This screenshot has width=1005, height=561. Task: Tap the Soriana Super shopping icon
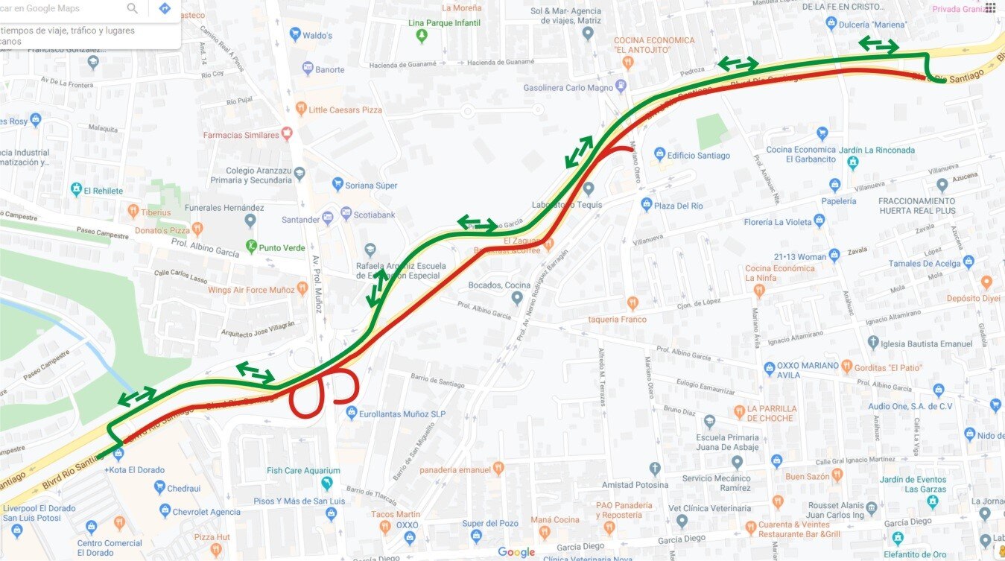(x=337, y=184)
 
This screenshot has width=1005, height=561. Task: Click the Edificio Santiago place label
(x=699, y=156)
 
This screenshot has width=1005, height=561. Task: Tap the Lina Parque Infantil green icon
(x=422, y=34)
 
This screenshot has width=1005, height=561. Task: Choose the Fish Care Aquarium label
(x=303, y=470)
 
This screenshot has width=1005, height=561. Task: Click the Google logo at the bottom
(x=516, y=552)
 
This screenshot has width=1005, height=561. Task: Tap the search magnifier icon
(x=133, y=9)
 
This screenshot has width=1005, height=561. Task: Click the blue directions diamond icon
(x=165, y=9)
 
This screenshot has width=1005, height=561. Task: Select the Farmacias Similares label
(x=241, y=135)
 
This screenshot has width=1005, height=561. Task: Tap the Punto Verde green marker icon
(x=252, y=247)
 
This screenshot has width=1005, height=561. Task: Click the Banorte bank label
(x=330, y=69)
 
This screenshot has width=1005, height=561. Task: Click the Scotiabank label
(x=377, y=215)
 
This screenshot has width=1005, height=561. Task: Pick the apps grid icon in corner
(x=989, y=8)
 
